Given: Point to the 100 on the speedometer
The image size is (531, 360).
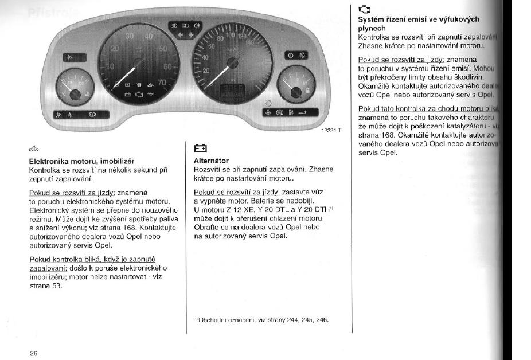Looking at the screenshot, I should click(231, 36).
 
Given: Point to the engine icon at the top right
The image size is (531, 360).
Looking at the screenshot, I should click(364, 9).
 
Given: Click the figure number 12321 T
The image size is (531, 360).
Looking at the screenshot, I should click(329, 131).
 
